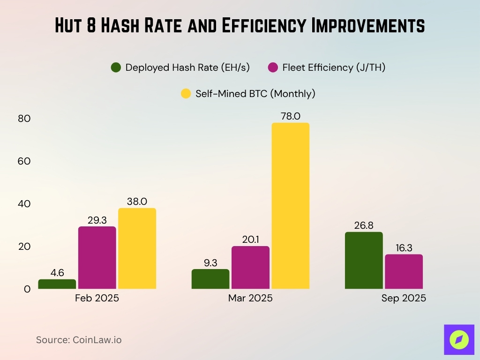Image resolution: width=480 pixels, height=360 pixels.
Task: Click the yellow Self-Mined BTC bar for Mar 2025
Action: click(x=290, y=206)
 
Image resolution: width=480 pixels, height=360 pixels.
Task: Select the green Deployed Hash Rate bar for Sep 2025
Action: click(x=364, y=260)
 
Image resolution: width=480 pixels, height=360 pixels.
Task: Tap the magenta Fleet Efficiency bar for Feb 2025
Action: click(x=97, y=257)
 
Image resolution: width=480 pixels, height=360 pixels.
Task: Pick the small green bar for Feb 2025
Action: click(x=57, y=284)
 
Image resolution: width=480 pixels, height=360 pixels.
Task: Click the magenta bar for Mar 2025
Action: click(x=250, y=267)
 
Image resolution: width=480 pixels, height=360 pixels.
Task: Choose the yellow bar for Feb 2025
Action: click(x=137, y=248)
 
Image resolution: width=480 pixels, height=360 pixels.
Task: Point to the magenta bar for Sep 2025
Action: click(x=404, y=271)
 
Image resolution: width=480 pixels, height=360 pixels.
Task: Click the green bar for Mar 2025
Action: click(x=210, y=279)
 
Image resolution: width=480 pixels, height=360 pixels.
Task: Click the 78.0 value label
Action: click(x=290, y=116)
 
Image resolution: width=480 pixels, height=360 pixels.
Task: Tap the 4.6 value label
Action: click(x=57, y=272)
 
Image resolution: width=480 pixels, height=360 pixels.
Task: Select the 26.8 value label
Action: click(x=364, y=225)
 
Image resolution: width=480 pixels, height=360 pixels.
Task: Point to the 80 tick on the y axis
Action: click(x=24, y=119)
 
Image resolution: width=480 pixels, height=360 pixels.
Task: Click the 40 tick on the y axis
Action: click(x=24, y=204)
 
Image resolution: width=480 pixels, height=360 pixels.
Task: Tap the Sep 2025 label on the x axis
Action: click(x=404, y=299)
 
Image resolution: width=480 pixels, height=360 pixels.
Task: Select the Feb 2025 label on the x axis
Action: click(x=97, y=299)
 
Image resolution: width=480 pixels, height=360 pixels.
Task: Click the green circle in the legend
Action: click(x=116, y=67)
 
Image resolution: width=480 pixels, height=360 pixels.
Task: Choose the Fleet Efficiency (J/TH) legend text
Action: click(x=334, y=67)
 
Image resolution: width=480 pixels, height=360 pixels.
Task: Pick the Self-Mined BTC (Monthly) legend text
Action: click(x=255, y=94)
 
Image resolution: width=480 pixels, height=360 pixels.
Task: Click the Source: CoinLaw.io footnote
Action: click(x=79, y=340)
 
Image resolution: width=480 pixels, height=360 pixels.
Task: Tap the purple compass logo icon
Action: click(x=458, y=339)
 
